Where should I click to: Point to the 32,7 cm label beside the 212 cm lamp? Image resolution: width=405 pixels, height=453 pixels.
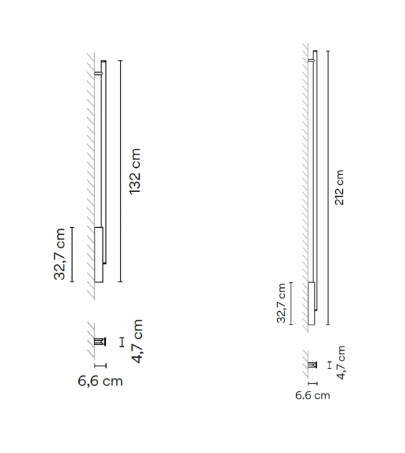click(x=282, y=303)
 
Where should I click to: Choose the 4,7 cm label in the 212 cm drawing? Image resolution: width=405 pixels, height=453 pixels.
click(x=341, y=363)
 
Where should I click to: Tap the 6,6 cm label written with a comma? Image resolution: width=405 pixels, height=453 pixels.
click(x=99, y=381)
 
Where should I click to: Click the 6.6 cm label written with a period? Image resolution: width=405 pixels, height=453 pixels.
click(x=313, y=395)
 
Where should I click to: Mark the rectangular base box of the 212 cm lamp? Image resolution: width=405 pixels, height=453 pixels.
click(x=310, y=303)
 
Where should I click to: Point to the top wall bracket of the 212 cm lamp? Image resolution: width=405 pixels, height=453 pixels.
click(x=313, y=61)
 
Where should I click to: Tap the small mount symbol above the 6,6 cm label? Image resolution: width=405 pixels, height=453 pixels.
click(x=99, y=342)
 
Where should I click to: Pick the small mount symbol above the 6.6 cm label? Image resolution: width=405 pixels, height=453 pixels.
click(x=312, y=365)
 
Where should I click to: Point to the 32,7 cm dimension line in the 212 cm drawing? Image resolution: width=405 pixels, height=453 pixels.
click(x=291, y=303)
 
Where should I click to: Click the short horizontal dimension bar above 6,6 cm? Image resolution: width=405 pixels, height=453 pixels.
click(x=100, y=365)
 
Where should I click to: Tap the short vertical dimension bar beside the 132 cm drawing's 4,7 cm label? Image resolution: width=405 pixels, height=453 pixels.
click(x=121, y=342)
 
